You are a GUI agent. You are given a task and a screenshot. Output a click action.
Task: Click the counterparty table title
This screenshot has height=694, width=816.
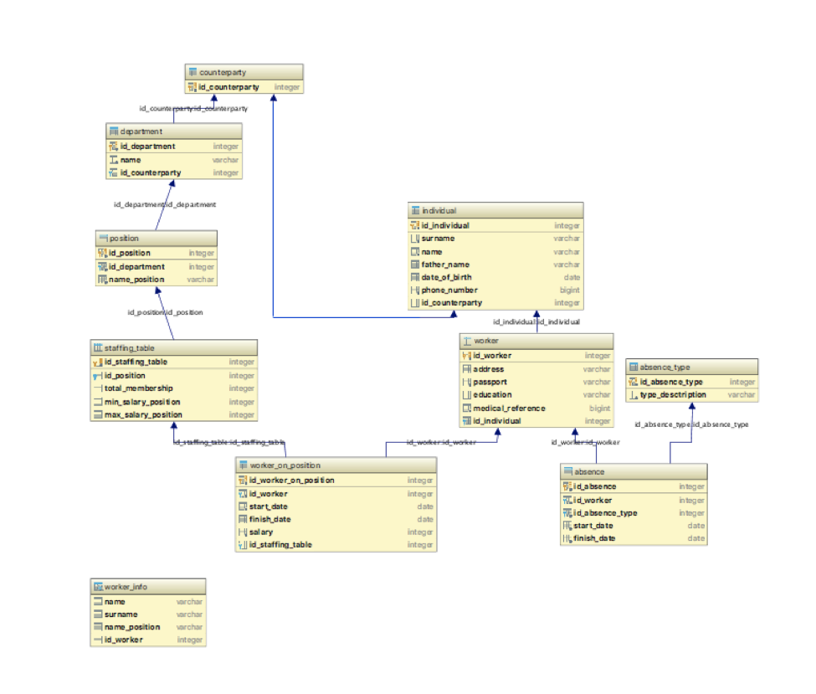pyautogui.click(x=223, y=73)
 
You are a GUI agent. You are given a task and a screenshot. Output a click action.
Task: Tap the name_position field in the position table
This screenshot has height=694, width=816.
pyautogui.click(x=136, y=280)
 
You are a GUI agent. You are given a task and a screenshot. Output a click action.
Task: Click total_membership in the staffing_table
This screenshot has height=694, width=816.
pyautogui.click(x=138, y=388)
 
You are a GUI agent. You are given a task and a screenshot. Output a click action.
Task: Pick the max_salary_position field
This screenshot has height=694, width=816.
pyautogui.click(x=142, y=414)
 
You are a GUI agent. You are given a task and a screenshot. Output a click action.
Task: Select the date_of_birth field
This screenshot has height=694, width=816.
pyautogui.click(x=446, y=277)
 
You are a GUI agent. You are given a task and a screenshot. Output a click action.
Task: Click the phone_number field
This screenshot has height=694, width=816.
pyautogui.click(x=449, y=290)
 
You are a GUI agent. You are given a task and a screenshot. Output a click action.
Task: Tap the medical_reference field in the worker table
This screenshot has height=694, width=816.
pyautogui.click(x=509, y=409)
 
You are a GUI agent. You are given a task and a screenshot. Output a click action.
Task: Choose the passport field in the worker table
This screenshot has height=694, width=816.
pyautogui.click(x=490, y=382)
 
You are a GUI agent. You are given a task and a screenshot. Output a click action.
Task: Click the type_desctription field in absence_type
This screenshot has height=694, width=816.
pyautogui.click(x=673, y=394)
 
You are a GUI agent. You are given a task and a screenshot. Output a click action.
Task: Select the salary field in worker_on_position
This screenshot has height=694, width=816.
pyautogui.click(x=261, y=532)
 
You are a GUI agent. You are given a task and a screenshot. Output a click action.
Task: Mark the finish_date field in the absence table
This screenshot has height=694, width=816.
pyautogui.click(x=594, y=538)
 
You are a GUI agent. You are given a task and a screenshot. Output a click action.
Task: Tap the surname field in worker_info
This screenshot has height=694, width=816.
pyautogui.click(x=121, y=614)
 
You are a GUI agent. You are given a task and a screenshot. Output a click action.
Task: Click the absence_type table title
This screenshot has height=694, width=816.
pyautogui.click(x=665, y=367)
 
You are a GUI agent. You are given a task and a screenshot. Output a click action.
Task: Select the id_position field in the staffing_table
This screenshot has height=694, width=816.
pyautogui.click(x=125, y=375)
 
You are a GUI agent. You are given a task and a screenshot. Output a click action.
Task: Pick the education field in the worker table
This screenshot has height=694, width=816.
pyautogui.click(x=492, y=395)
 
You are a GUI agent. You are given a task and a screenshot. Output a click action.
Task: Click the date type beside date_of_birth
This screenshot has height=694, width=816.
pyautogui.click(x=572, y=277)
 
